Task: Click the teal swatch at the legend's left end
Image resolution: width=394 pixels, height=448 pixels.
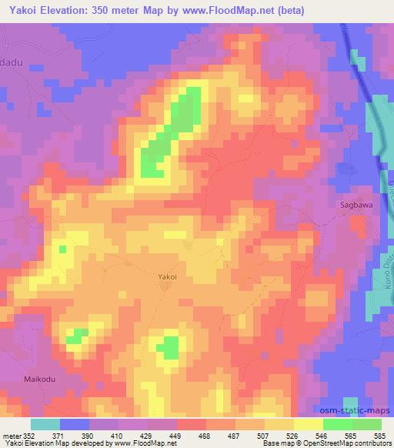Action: click(46, 424)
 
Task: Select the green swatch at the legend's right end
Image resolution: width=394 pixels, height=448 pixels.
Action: click(366, 424)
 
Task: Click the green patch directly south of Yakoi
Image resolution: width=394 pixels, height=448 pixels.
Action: click(168, 347)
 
